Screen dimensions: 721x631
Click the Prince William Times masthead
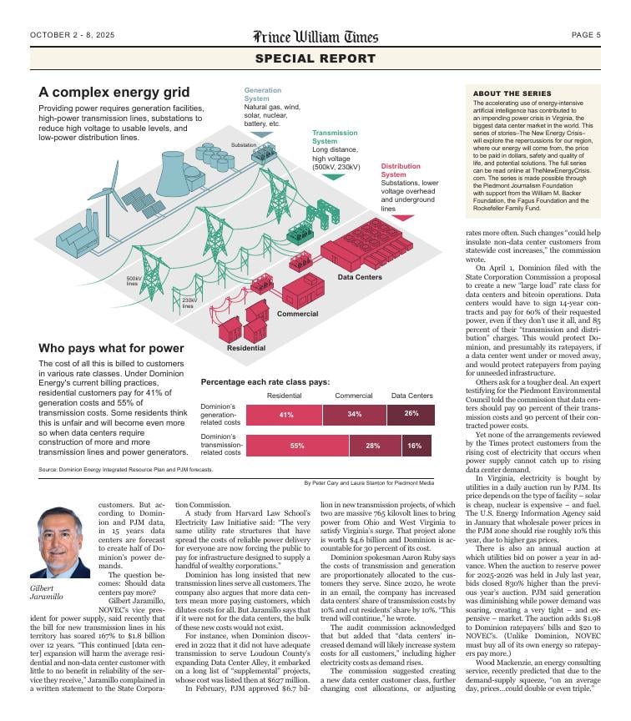315,36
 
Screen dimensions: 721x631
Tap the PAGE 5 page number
586,35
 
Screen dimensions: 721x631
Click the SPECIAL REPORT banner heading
315,58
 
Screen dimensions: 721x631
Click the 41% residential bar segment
285,414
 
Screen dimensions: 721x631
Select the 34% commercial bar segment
355,414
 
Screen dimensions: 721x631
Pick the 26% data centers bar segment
411,414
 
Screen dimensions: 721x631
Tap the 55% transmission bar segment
297,446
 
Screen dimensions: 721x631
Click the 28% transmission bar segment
372,446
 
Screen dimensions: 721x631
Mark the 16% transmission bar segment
415,446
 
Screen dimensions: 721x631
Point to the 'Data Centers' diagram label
360,277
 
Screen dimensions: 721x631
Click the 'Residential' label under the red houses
246,348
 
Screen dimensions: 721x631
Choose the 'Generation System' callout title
263,94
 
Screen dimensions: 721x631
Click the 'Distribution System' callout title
401,170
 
